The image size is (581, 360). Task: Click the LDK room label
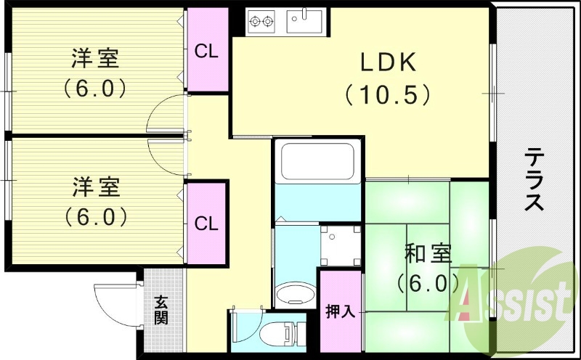pos(388,63)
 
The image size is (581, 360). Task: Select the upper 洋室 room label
pos(95,57)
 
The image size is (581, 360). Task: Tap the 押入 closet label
pos(340,311)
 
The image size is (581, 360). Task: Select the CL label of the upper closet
pos(206,52)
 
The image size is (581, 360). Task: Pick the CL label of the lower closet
pos(206,224)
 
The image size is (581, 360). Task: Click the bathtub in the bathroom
pos(317,165)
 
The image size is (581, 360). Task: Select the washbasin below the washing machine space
pos(294,291)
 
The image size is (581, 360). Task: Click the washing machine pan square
pos(340,245)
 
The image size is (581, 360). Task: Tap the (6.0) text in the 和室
pos(428,282)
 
